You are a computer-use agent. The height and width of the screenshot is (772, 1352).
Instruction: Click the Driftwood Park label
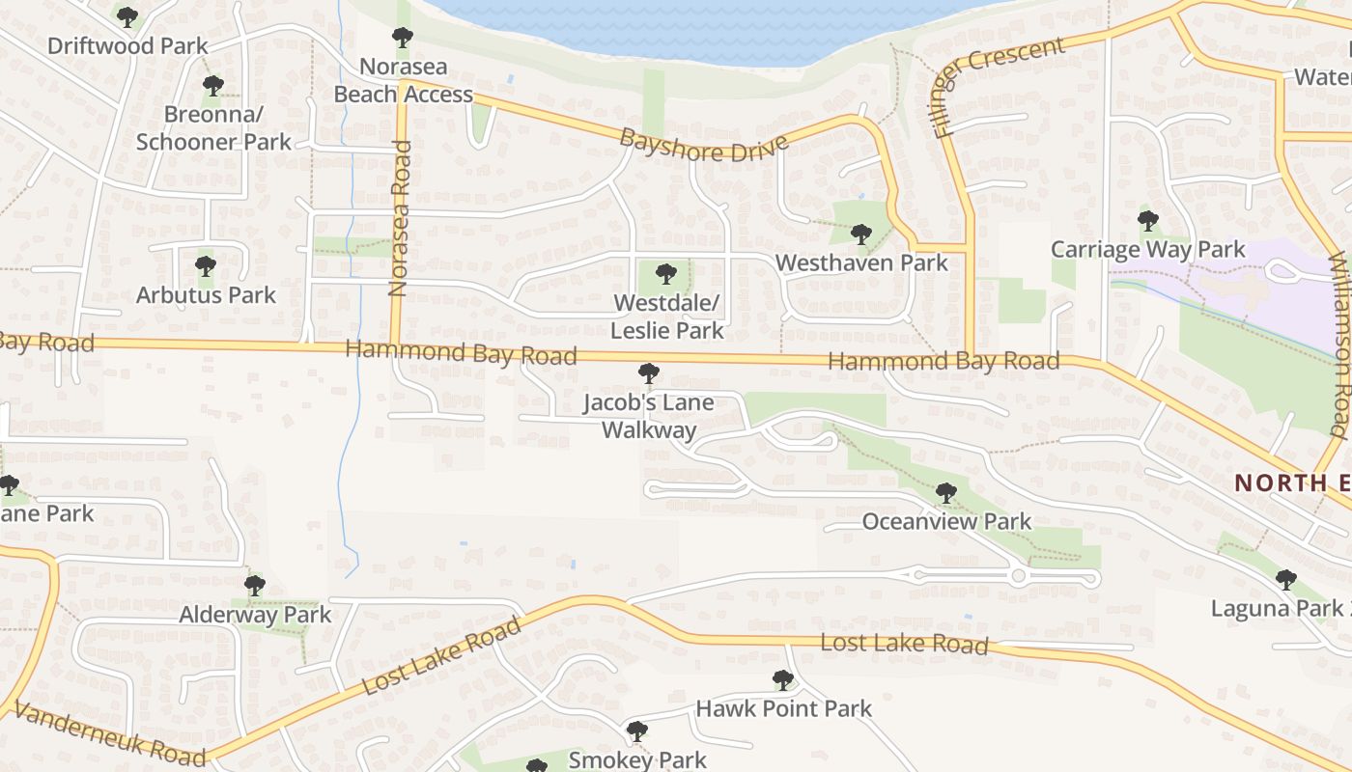(x=127, y=45)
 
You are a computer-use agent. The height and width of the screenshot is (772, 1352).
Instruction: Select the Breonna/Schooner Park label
(x=212, y=128)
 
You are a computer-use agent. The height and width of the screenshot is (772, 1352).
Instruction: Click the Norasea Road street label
(x=400, y=218)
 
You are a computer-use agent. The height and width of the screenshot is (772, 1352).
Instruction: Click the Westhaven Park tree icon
(x=860, y=234)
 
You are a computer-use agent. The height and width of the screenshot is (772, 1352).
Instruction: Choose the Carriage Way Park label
(x=1147, y=250)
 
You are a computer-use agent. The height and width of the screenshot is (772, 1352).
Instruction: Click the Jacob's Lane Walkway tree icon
(x=649, y=373)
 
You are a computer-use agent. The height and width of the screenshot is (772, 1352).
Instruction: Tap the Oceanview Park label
(x=945, y=521)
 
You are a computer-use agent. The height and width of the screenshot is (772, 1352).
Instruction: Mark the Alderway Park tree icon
(x=255, y=585)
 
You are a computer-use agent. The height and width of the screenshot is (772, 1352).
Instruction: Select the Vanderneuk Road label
(x=109, y=733)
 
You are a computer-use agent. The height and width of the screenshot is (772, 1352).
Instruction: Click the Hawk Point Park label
(x=783, y=708)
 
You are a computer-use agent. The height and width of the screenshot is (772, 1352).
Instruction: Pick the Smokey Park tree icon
(x=636, y=731)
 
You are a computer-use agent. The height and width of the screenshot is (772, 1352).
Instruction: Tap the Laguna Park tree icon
(x=1285, y=580)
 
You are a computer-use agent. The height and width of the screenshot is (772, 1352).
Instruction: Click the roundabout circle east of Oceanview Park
(x=1018, y=576)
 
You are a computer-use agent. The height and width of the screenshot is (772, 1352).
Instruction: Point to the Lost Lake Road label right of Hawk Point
(x=904, y=643)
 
